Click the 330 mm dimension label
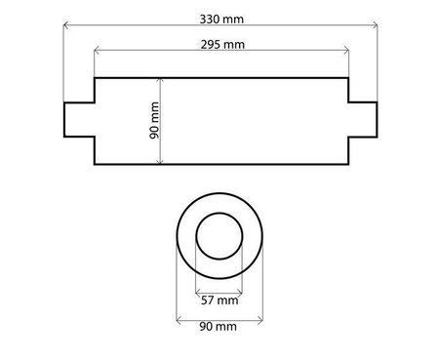[221, 20]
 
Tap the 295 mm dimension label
[222, 45]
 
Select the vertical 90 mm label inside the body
[154, 120]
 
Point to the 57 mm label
[219, 300]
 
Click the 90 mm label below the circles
[218, 326]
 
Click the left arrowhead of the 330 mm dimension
[65, 25]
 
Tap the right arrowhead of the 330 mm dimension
[376, 25]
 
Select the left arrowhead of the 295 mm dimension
[97, 51]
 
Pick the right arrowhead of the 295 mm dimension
[346, 51]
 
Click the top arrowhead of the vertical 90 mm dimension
[159, 80]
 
